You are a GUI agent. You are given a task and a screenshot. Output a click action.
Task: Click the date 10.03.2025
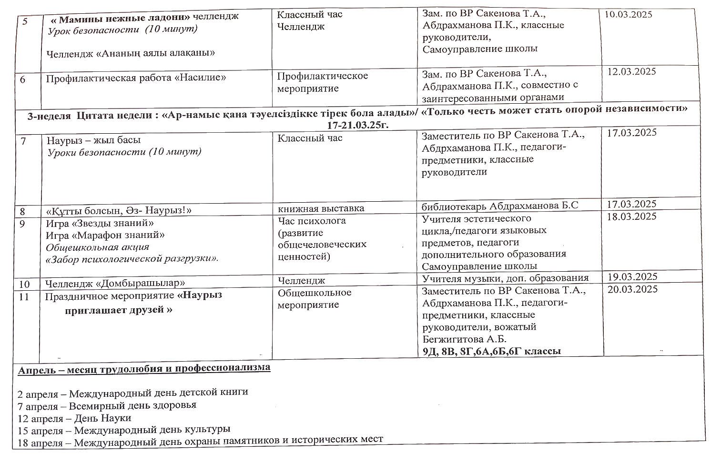628,14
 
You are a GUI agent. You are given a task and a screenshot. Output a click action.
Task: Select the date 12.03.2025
632,72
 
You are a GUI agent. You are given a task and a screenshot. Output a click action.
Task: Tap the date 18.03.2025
632,216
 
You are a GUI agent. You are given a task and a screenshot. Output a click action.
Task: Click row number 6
23,79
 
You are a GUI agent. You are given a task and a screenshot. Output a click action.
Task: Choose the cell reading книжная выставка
321,208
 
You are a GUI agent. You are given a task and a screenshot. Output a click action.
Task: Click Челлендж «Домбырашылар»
115,284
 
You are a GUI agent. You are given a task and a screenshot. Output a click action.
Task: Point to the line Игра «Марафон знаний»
105,235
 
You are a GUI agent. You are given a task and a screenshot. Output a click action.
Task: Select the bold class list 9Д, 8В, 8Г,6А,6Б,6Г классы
492,351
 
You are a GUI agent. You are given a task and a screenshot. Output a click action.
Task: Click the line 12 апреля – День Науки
74,418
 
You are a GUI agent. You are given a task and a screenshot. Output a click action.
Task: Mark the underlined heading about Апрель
144,368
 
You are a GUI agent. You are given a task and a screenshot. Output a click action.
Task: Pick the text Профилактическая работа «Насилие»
136,78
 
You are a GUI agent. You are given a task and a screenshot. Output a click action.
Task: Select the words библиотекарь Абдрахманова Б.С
500,206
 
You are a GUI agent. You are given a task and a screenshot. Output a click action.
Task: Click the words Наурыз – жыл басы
94,140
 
